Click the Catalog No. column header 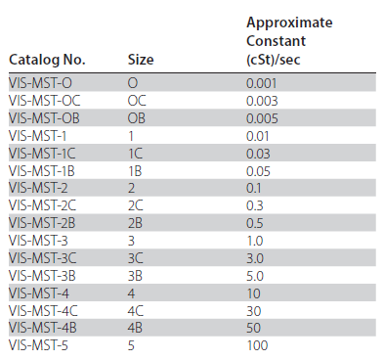pyautogui.click(x=47, y=60)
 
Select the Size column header pyautogui.click(x=141, y=60)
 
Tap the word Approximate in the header pyautogui.click(x=289, y=23)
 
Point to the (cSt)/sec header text pyautogui.click(x=274, y=60)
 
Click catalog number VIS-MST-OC pyautogui.click(x=45, y=101)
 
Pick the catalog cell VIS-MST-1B pyautogui.click(x=42, y=171)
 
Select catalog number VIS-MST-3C pyautogui.click(x=43, y=258)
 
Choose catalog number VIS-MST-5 pyautogui.click(x=38, y=345)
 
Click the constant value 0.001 pyautogui.click(x=262, y=83)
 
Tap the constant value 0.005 pyautogui.click(x=262, y=118)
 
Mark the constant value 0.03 pyautogui.click(x=258, y=154)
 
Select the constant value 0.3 pyautogui.click(x=255, y=205)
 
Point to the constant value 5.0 pyautogui.click(x=255, y=276)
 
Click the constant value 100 pyautogui.click(x=257, y=345)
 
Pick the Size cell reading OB pyautogui.click(x=137, y=118)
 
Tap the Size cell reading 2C pyautogui.click(x=136, y=205)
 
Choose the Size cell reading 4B pyautogui.click(x=135, y=328)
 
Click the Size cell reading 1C pyautogui.click(x=136, y=154)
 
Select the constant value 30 pyautogui.click(x=254, y=311)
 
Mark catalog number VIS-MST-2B pyautogui.click(x=42, y=223)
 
